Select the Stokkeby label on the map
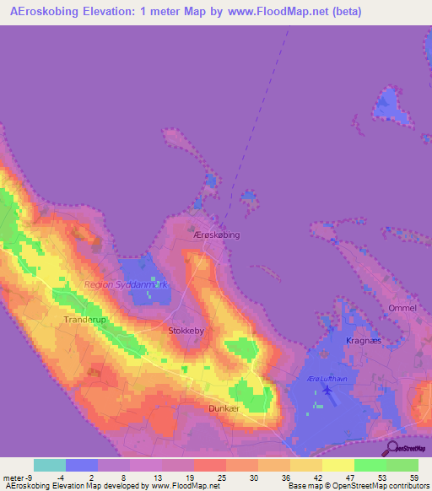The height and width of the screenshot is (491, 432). tap(187, 332)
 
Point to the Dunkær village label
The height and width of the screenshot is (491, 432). tap(224, 407)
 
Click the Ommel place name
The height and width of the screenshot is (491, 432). tap(402, 308)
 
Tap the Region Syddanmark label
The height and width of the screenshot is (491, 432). tap(126, 284)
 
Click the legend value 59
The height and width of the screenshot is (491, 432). tap(415, 477)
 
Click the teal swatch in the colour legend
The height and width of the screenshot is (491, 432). tap(50, 465)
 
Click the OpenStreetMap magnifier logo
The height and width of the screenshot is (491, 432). tap(391, 447)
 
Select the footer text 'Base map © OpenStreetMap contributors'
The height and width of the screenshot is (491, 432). tap(358, 486)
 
